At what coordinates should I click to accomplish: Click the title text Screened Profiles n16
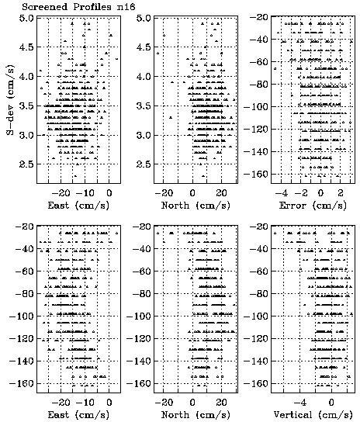point(78,6)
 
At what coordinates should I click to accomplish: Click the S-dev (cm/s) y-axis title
point(11,99)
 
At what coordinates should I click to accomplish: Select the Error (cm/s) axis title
point(313,206)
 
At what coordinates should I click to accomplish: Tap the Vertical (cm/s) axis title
point(313,415)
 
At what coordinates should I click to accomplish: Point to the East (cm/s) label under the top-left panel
point(78,206)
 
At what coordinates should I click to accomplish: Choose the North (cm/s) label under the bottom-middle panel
point(196,415)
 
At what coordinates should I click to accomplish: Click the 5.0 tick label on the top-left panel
point(26,18)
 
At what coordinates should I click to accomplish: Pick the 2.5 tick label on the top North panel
point(144,164)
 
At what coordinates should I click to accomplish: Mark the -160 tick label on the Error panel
point(256,174)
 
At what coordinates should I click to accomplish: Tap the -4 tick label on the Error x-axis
point(282,193)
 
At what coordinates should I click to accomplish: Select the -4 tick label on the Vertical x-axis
point(301,403)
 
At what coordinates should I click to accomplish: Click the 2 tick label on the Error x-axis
point(341,193)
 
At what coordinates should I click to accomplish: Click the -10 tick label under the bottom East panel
point(85,403)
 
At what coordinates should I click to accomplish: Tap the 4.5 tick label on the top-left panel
point(26,47)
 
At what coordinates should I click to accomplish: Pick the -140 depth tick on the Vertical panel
point(256,361)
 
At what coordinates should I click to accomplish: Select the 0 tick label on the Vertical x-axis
point(331,403)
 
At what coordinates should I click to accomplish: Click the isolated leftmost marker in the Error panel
point(275,68)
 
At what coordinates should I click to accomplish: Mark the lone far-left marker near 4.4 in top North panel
point(157,54)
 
